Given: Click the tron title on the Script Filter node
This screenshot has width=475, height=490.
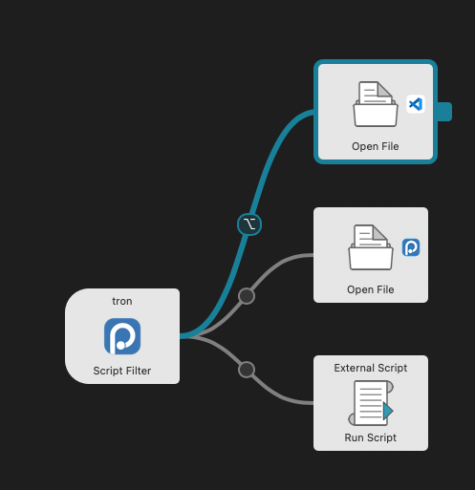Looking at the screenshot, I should click(x=122, y=302).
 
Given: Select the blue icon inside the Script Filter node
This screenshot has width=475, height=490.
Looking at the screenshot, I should click(x=122, y=336).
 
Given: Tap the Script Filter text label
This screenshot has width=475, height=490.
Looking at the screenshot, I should click(x=122, y=371).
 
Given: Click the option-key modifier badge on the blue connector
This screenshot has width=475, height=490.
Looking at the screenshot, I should click(x=248, y=224).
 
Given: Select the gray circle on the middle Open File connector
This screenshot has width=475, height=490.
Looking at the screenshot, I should click(x=246, y=296).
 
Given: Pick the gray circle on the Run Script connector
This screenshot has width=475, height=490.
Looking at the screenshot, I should click(x=247, y=369).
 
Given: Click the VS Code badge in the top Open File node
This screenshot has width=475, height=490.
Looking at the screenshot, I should click(x=415, y=104).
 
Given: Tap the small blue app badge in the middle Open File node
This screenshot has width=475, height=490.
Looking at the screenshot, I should click(x=411, y=247).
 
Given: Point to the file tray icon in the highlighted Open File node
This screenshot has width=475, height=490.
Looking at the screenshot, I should click(x=375, y=104).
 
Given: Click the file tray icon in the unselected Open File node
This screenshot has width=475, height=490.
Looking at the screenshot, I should click(x=370, y=248).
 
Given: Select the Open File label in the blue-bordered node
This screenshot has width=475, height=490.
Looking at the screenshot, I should click(x=375, y=147).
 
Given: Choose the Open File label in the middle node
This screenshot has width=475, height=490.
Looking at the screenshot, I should click(x=371, y=289).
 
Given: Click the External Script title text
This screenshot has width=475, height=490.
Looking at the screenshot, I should click(x=371, y=368).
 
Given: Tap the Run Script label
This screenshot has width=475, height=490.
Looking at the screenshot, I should click(x=371, y=437).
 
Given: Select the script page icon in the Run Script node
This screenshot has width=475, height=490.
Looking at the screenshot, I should click(x=369, y=403).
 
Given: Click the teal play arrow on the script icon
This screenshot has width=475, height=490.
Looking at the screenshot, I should click(x=387, y=411).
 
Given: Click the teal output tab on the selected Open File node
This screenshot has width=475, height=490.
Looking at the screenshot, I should click(x=443, y=112).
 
